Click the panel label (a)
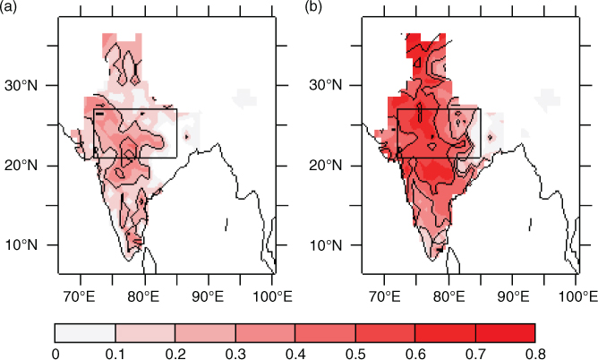coord(8,6)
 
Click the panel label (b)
coord(313,6)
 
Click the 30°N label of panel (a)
coord(21,85)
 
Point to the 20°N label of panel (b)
coord(326,166)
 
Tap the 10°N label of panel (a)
coord(21,244)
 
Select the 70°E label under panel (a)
coord(81,296)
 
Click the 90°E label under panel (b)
coord(513,296)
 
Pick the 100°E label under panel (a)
coord(273,296)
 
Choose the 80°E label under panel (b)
coord(448,296)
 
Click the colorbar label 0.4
coord(295,354)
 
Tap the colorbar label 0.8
coord(535,354)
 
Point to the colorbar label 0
coord(56,354)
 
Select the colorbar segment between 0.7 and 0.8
coord(505,333)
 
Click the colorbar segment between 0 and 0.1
coord(85,333)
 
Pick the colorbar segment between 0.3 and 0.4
coord(265,333)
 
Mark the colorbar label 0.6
coord(415,354)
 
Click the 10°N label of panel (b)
coord(326,244)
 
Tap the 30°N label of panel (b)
coord(326,85)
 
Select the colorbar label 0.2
coord(175,354)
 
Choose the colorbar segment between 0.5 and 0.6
coord(385,333)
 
